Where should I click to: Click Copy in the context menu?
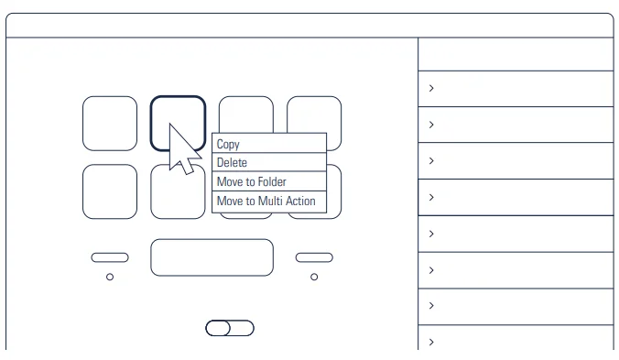click(x=228, y=145)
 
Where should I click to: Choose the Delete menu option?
click(x=232, y=163)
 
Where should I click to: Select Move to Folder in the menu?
click(x=252, y=181)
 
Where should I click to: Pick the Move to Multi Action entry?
click(x=266, y=201)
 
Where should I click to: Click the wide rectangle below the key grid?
click(x=212, y=257)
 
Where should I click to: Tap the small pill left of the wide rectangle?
click(x=110, y=257)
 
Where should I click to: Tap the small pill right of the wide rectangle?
click(x=314, y=257)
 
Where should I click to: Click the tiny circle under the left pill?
click(x=110, y=278)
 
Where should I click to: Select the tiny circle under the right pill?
click(x=314, y=278)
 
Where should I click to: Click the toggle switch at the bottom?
click(x=230, y=328)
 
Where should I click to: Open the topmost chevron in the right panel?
click(x=431, y=88)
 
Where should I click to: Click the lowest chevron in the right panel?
click(x=431, y=343)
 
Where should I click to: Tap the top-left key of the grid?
click(x=110, y=124)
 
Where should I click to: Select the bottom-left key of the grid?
click(x=110, y=191)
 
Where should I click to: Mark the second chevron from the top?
click(x=431, y=125)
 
